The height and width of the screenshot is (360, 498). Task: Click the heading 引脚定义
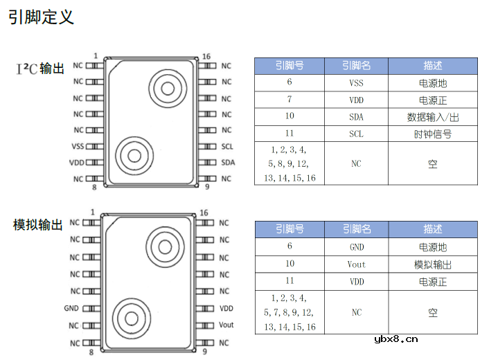point(41,17)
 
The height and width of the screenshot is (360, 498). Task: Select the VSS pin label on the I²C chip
point(78,146)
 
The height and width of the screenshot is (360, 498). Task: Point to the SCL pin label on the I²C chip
point(227,146)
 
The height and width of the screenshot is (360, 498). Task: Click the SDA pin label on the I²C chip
point(228,163)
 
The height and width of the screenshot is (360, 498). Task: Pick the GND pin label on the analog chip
point(71,309)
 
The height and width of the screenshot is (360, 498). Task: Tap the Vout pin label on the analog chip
point(226,325)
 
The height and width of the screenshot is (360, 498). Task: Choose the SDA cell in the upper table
point(356,117)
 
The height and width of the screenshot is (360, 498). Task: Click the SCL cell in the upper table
point(356,134)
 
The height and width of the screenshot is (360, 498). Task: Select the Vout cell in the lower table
point(356,264)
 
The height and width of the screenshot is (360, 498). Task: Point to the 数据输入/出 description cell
point(433,117)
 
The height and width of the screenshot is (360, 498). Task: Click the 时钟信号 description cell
point(433,134)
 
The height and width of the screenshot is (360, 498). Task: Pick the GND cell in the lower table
point(356,246)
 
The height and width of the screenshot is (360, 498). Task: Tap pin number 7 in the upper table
point(290,100)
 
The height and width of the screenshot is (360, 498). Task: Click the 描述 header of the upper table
point(433,66)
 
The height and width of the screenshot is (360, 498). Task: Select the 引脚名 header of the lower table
point(356,229)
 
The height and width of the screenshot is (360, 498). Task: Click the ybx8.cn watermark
point(396,339)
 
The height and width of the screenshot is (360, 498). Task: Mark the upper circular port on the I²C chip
point(166,88)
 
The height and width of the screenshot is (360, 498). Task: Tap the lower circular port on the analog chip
point(130,318)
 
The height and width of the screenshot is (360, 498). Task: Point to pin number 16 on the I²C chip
point(206,56)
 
